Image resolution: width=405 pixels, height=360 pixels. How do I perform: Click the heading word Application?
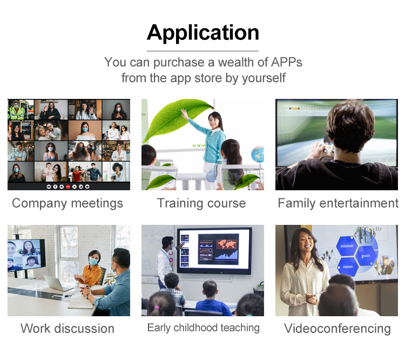[x=202, y=33]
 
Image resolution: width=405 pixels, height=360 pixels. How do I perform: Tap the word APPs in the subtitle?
[x=286, y=62]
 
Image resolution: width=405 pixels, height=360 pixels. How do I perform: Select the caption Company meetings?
[x=67, y=204]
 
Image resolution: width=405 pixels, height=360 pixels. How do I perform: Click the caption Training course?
[x=201, y=203]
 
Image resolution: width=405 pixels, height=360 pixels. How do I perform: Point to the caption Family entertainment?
[x=338, y=203]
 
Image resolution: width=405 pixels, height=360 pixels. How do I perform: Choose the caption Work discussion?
[x=67, y=329]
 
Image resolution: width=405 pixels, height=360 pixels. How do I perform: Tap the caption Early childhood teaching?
[x=203, y=328]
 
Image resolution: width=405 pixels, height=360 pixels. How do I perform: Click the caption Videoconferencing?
[x=337, y=329]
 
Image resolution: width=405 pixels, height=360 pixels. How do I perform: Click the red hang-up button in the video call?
[x=68, y=186]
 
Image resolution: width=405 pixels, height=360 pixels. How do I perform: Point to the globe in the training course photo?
[x=258, y=155]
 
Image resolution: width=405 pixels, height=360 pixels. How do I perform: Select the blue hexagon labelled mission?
[x=347, y=246]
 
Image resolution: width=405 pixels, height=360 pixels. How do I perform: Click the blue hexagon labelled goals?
[x=366, y=256]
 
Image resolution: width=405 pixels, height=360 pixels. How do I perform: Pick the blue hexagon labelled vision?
[x=348, y=266]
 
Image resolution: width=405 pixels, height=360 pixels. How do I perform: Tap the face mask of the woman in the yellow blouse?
[x=93, y=262]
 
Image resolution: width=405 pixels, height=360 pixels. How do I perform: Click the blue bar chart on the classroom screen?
[x=227, y=255]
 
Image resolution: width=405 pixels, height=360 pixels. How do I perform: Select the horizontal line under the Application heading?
[x=202, y=51]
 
